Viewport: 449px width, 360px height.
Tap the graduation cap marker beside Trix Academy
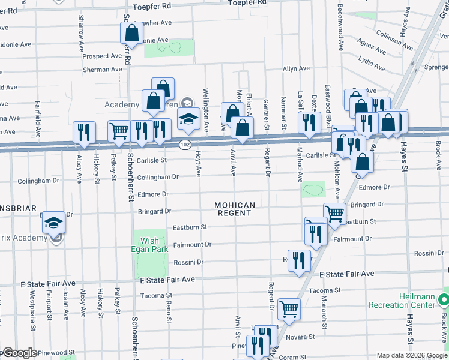tap(53, 224)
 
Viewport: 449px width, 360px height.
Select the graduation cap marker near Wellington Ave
tap(188, 120)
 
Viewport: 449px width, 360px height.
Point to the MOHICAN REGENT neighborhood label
tap(235, 209)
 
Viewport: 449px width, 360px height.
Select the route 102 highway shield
tap(185, 145)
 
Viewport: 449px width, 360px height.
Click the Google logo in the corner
tap(20, 353)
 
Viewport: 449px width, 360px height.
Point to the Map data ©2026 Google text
tap(411, 355)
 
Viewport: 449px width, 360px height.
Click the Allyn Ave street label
tap(297, 69)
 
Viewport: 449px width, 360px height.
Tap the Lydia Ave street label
tap(371, 61)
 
